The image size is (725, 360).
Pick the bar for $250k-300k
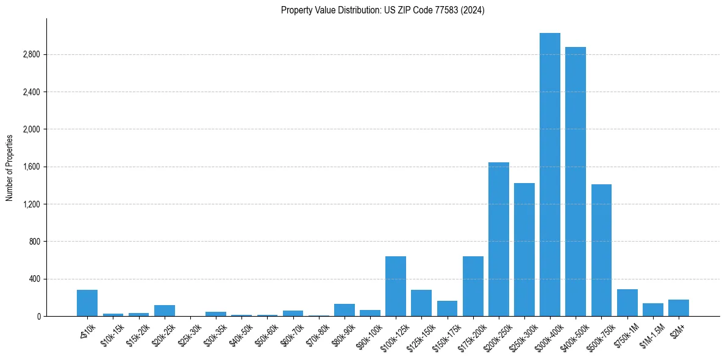[x=524, y=250]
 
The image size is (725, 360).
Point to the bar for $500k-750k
[x=601, y=250]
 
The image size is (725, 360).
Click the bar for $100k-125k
[x=396, y=286]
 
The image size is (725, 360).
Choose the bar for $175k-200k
[x=473, y=286]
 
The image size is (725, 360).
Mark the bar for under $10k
[x=87, y=303]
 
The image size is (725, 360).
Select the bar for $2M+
[x=679, y=308]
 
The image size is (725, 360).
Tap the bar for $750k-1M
[x=627, y=303]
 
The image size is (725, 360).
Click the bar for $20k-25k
[x=165, y=311]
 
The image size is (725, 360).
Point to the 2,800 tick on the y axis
[x=31, y=55]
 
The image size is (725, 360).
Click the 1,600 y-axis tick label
[x=31, y=167]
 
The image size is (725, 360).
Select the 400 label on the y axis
[x=34, y=279]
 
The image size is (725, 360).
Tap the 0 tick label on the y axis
[x=38, y=317]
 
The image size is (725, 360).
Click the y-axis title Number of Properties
[x=10, y=167]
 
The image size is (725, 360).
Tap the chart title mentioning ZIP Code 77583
[x=382, y=10]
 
